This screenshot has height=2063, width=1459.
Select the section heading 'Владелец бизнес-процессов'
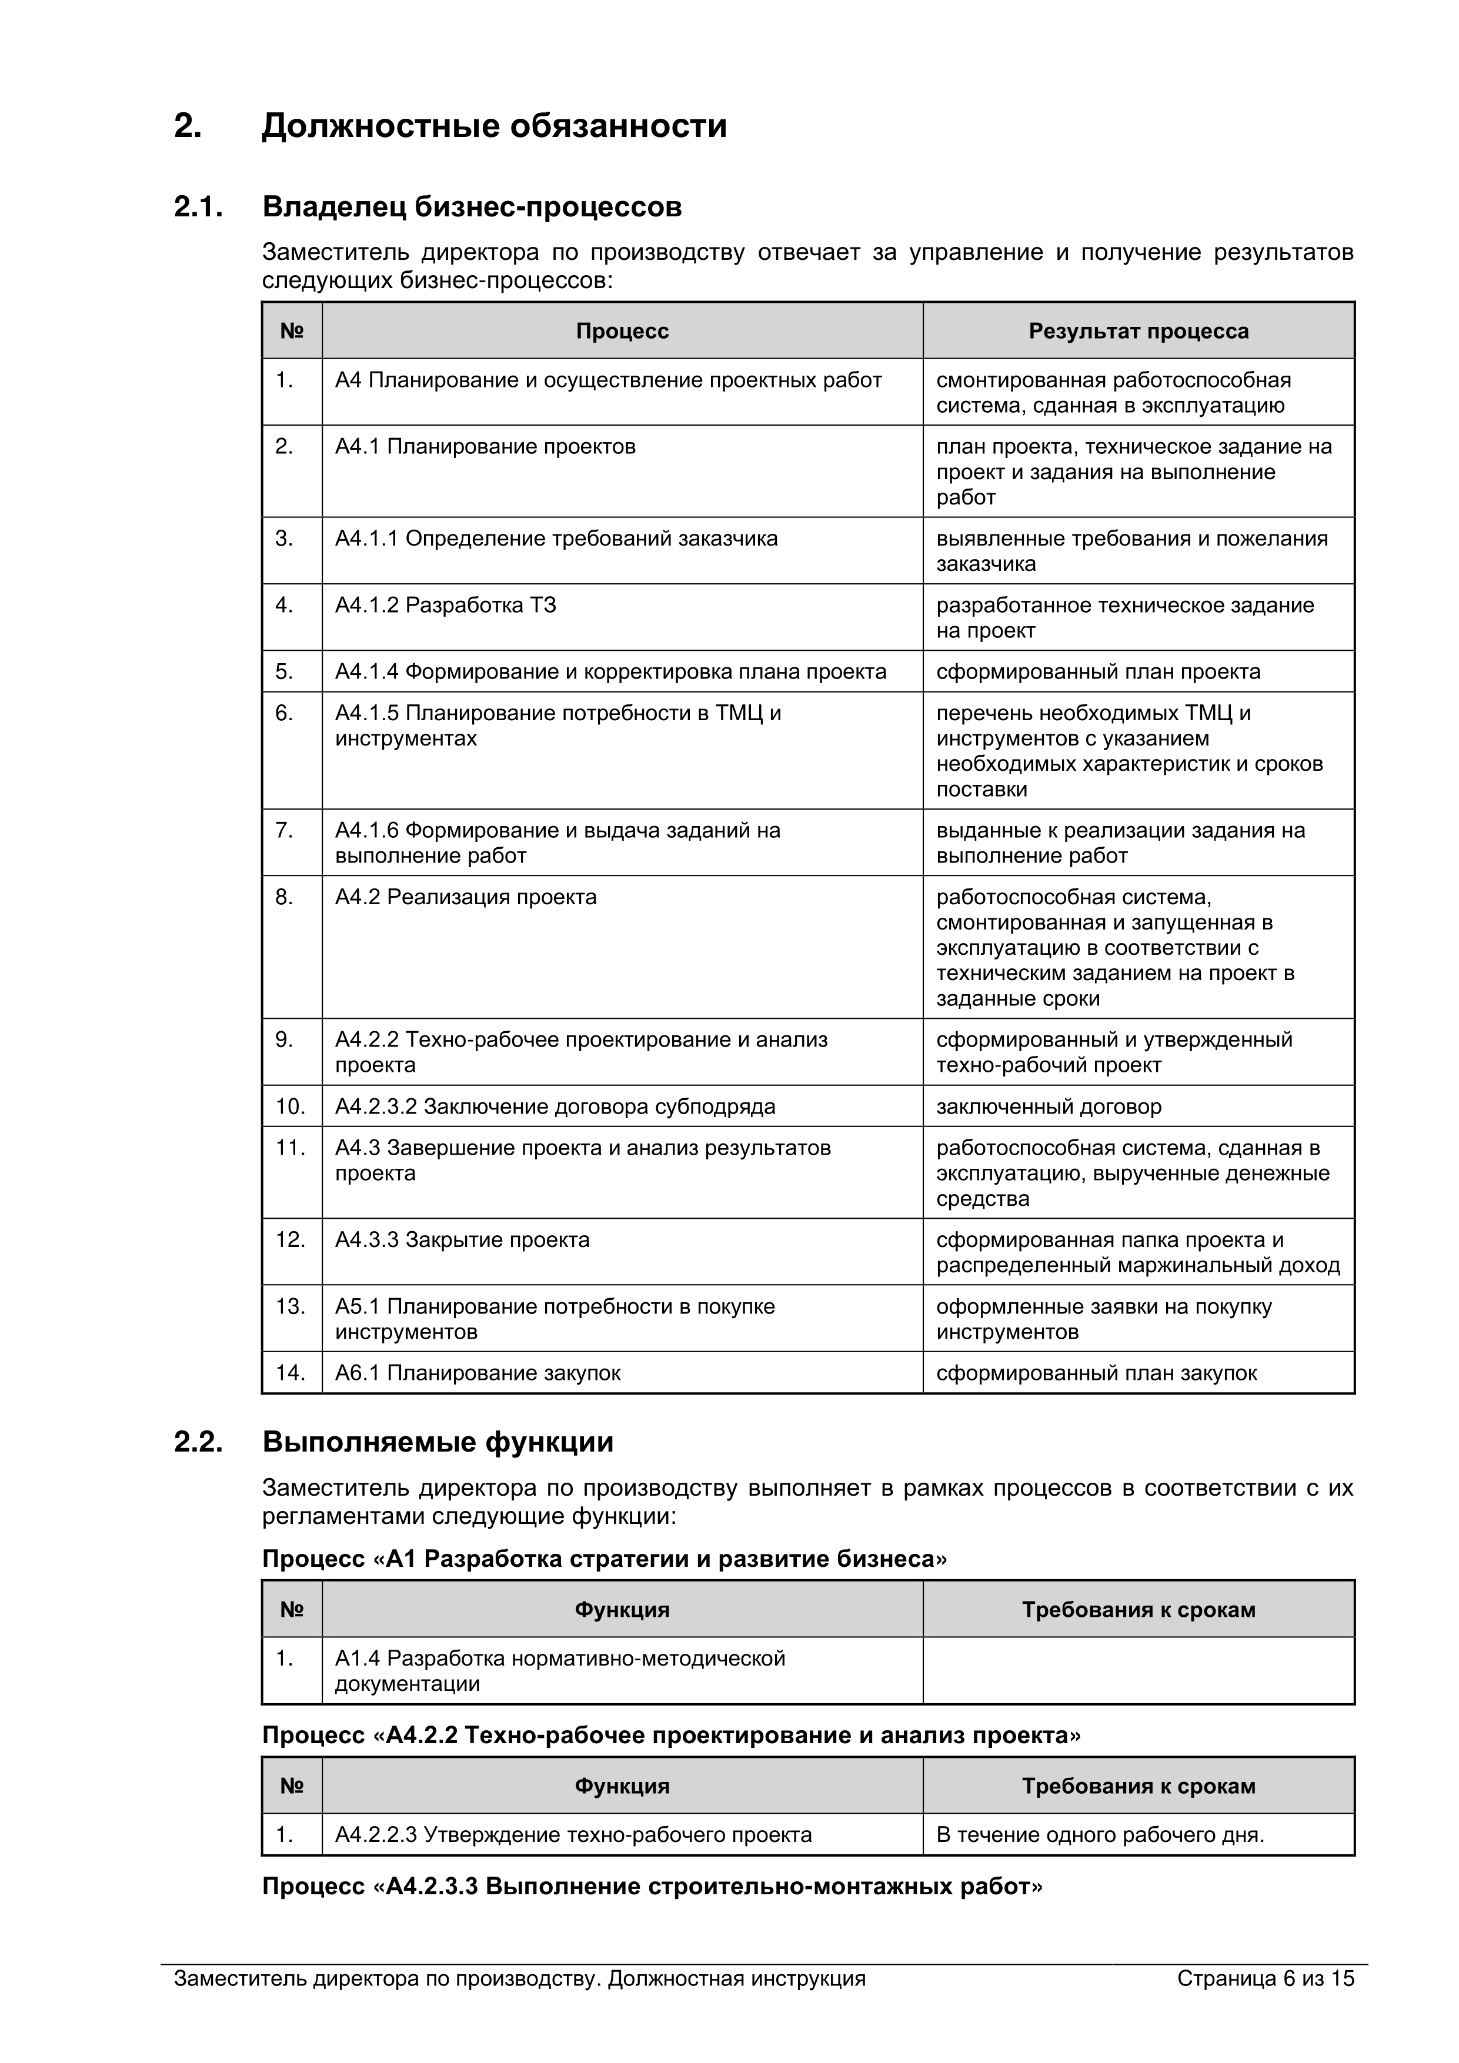(472, 207)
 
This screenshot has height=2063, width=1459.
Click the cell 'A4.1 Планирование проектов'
(485, 447)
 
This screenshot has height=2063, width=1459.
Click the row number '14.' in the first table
(291, 1372)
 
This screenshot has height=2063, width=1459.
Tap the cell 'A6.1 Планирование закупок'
(478, 1373)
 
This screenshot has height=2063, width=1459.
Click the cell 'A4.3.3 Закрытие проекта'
(462, 1240)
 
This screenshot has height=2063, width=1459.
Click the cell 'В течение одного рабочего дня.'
(1100, 1835)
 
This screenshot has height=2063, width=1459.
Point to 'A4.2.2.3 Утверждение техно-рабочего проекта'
(573, 1835)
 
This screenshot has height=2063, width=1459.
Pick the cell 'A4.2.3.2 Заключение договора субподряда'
(555, 1106)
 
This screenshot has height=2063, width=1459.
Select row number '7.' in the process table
(284, 830)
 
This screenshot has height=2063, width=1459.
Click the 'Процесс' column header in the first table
(622, 332)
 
